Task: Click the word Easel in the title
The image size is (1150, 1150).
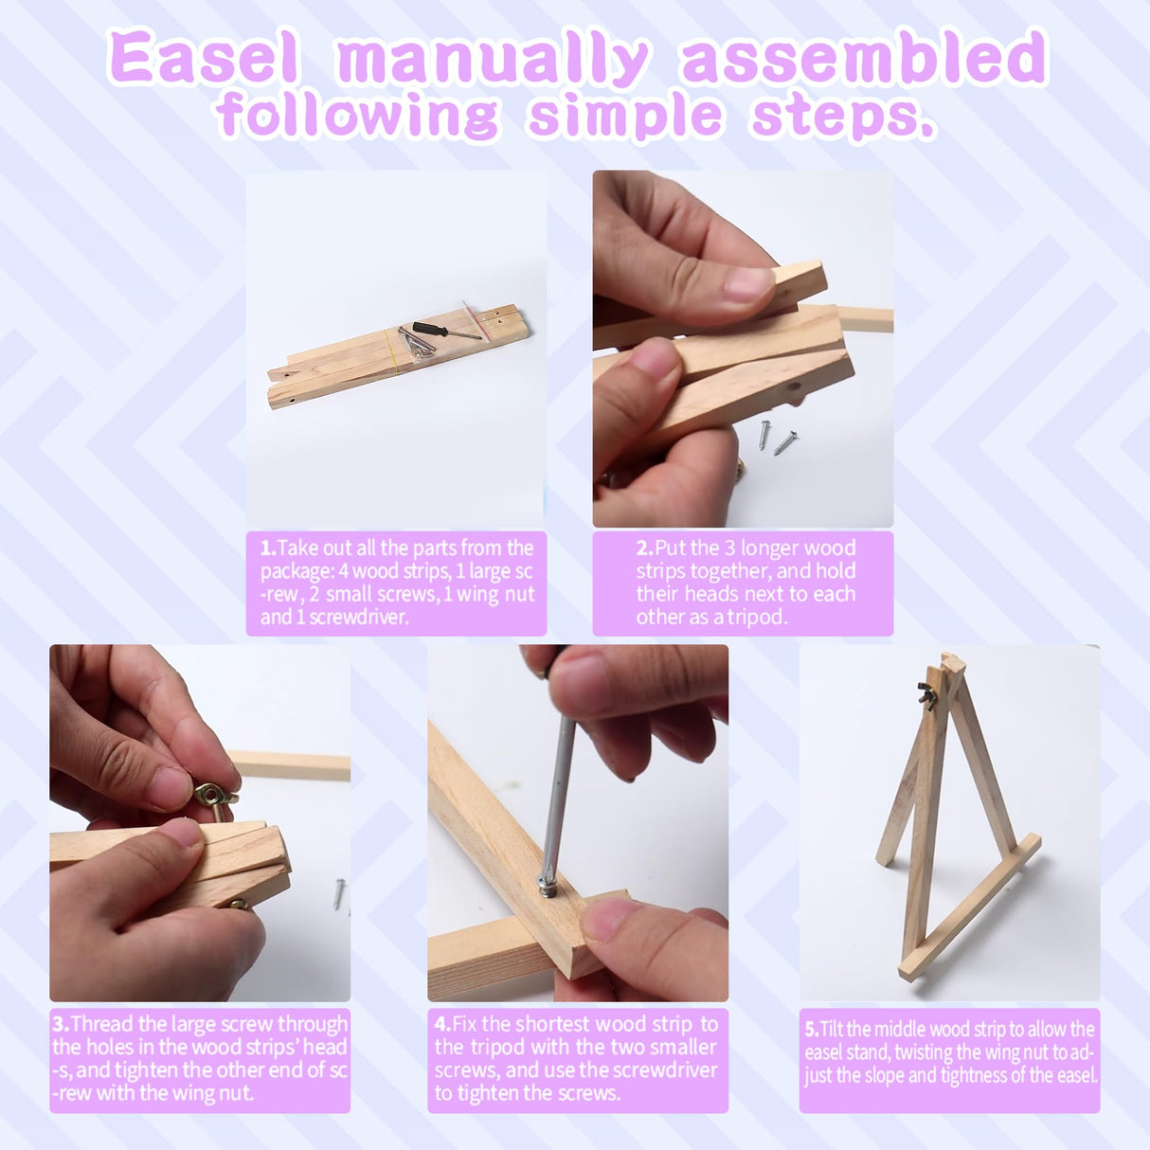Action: [x=204, y=59]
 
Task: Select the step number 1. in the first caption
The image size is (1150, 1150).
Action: [x=268, y=548]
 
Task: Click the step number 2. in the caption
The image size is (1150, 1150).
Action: [x=645, y=548]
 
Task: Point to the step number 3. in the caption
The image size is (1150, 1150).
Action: [x=61, y=1024]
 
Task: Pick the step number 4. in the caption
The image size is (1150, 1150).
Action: [x=442, y=1024]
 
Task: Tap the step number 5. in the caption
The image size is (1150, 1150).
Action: [x=812, y=1030]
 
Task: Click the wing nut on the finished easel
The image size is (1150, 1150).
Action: [x=926, y=696]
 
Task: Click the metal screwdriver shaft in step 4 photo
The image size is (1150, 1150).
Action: [x=559, y=800]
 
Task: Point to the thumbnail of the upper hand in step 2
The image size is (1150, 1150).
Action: [x=748, y=283]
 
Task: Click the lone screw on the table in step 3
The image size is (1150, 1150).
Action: [x=339, y=893]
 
